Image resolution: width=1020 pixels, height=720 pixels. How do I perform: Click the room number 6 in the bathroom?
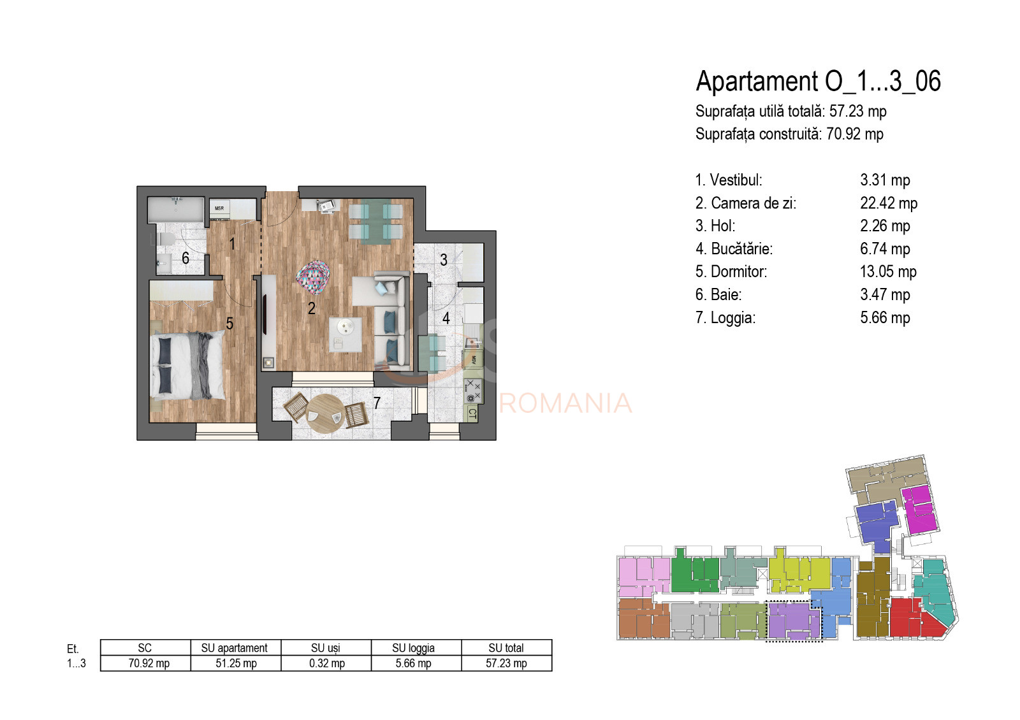[x=186, y=258]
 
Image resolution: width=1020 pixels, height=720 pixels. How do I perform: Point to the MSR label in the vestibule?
[x=219, y=208]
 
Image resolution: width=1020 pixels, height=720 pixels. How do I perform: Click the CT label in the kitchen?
[x=472, y=414]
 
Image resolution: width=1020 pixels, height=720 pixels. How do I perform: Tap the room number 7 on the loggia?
[x=377, y=403]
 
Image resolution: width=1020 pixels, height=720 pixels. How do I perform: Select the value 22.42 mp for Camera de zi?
[x=888, y=203]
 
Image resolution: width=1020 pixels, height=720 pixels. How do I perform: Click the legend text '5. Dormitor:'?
[x=731, y=272]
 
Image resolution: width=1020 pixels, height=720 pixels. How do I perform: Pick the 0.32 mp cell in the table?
[x=326, y=663]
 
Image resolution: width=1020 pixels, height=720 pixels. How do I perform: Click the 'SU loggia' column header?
[x=413, y=648]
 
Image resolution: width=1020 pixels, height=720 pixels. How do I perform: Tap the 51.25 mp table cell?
[x=236, y=663]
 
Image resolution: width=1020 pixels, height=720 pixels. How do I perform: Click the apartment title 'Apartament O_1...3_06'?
[x=818, y=82]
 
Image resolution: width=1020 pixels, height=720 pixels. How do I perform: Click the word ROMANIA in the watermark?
[x=565, y=403]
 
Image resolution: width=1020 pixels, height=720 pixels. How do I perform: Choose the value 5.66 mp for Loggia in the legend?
[x=884, y=318]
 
